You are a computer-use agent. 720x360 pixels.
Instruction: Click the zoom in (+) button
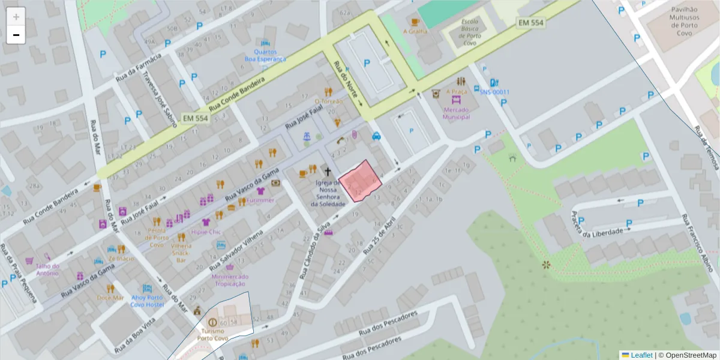click(16, 16)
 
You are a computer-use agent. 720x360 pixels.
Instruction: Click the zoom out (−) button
click(16, 35)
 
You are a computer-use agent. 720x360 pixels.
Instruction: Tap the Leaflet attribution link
click(641, 355)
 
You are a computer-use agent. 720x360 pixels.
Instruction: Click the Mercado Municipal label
click(455, 113)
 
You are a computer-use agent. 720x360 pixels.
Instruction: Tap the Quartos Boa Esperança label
click(265, 55)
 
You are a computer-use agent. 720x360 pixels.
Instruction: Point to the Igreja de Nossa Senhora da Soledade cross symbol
click(327, 172)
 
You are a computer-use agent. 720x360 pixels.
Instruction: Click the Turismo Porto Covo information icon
click(212, 322)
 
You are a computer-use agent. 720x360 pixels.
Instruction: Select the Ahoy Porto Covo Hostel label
click(147, 301)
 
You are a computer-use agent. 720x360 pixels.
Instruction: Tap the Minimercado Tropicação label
click(230, 280)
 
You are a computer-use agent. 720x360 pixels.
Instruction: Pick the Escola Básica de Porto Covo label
click(470, 28)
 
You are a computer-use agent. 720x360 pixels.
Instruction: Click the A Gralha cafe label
click(415, 31)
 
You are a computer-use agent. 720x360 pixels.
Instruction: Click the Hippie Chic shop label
click(206, 232)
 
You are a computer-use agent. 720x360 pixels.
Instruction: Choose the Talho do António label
click(47, 269)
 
